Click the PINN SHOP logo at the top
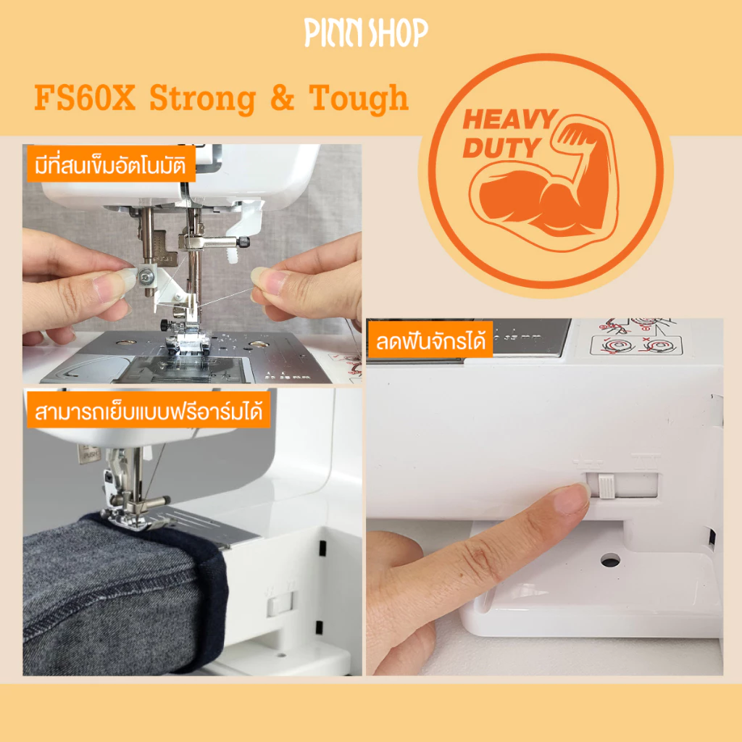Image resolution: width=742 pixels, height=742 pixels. point(366,32)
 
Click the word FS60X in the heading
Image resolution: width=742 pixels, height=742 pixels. point(85,98)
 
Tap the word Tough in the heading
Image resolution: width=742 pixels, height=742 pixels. point(358,99)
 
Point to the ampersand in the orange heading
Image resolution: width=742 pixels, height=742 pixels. point(282,98)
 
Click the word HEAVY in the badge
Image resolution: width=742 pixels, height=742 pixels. point(510,119)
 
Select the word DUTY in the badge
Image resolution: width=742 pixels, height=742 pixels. point(501,148)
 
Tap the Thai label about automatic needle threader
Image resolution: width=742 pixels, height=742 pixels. point(111,164)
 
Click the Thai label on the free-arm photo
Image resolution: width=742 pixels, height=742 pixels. point(148,411)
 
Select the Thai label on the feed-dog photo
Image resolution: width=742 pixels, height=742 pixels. point(430,341)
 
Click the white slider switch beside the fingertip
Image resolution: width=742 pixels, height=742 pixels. point(606,486)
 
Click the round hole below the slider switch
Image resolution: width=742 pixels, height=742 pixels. point(610,561)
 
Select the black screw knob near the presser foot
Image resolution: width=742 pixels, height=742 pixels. point(165,325)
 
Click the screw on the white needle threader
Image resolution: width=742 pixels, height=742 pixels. point(149,274)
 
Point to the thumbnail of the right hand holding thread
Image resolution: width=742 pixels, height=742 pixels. point(262,280)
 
